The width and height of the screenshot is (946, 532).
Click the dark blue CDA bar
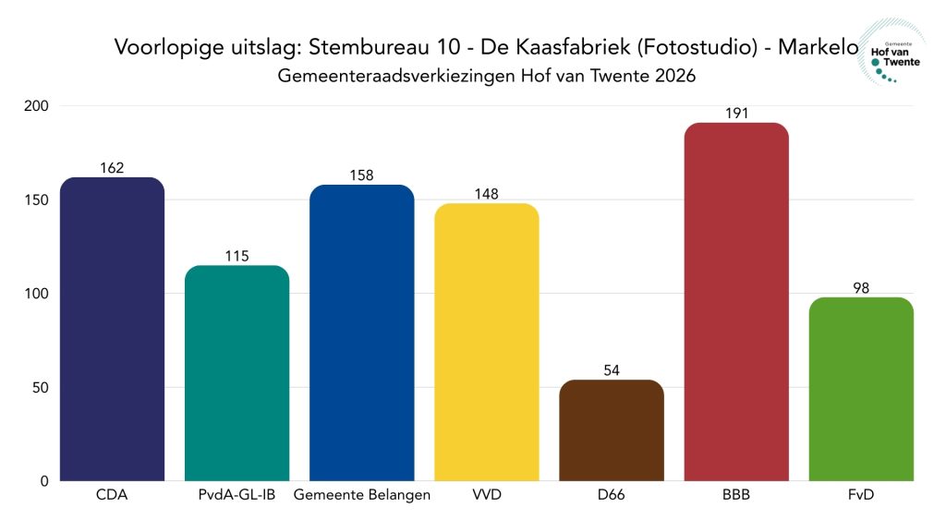pos(112,329)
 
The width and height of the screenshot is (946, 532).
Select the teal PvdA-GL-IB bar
pos(236,373)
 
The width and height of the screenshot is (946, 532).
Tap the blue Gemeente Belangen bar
pos(361,332)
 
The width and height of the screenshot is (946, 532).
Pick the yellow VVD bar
pos(486,342)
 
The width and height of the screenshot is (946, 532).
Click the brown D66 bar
pos(612,430)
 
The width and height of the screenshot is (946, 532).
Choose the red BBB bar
pos(736,301)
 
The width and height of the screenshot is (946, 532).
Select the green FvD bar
pos(861,389)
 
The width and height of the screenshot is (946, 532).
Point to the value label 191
pos(736,114)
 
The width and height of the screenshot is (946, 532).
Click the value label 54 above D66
pos(612,370)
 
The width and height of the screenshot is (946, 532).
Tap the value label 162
pos(112,168)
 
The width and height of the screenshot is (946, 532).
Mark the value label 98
pos(861,288)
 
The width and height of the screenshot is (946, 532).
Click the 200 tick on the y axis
pos(38,106)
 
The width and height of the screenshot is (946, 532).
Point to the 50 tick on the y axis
pos(42,388)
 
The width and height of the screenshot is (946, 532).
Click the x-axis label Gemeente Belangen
pos(361,496)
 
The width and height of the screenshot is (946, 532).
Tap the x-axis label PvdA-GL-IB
pos(236,496)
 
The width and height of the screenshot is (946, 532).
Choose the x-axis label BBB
pos(736,496)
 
